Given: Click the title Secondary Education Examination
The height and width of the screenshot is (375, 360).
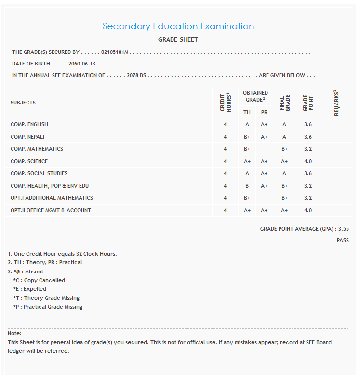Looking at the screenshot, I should [x=178, y=26].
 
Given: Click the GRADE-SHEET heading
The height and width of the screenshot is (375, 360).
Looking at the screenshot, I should [x=178, y=39].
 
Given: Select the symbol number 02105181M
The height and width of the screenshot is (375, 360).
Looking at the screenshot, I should [x=115, y=52].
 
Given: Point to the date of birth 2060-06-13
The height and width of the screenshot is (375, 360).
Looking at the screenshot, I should [x=82, y=64].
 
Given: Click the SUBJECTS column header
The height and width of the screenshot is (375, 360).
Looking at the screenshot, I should [x=23, y=103].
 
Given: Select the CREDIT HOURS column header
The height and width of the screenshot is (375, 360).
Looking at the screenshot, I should [x=225, y=103].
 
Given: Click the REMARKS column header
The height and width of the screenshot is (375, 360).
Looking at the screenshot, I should [x=337, y=103].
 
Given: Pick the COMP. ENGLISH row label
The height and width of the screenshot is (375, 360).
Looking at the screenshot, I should [x=29, y=124].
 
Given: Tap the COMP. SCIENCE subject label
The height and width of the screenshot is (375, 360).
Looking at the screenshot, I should [x=29, y=161].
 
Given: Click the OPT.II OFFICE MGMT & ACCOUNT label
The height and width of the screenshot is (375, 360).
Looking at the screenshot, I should [x=51, y=210].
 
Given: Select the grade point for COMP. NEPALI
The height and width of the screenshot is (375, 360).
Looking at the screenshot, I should [x=308, y=137].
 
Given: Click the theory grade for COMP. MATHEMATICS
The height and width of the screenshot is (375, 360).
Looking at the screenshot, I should [x=247, y=149].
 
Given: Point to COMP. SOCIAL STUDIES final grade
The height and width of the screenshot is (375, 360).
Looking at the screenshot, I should [x=284, y=173].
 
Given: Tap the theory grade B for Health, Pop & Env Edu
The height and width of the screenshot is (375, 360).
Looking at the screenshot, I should [x=247, y=186].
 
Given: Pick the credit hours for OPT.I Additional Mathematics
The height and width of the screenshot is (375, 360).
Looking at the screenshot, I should [x=225, y=198].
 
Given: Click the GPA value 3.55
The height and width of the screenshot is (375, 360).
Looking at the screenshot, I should [x=344, y=229].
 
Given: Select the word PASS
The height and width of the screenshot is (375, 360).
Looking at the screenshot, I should [x=343, y=240].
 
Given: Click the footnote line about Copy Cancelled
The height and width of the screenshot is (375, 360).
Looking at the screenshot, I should [x=39, y=280].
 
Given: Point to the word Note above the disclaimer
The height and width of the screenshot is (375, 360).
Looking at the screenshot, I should [x=15, y=333].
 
